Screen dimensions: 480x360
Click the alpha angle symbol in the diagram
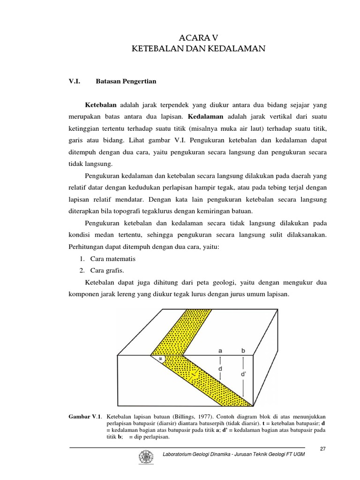point(160,359)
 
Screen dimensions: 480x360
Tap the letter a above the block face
point(220,350)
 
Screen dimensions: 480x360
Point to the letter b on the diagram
point(243,350)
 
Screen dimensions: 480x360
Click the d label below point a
point(220,368)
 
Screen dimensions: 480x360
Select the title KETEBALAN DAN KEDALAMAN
point(199,48)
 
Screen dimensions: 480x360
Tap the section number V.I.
point(75,81)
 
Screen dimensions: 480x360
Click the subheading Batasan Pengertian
point(126,81)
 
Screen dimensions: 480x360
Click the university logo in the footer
point(143,457)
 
